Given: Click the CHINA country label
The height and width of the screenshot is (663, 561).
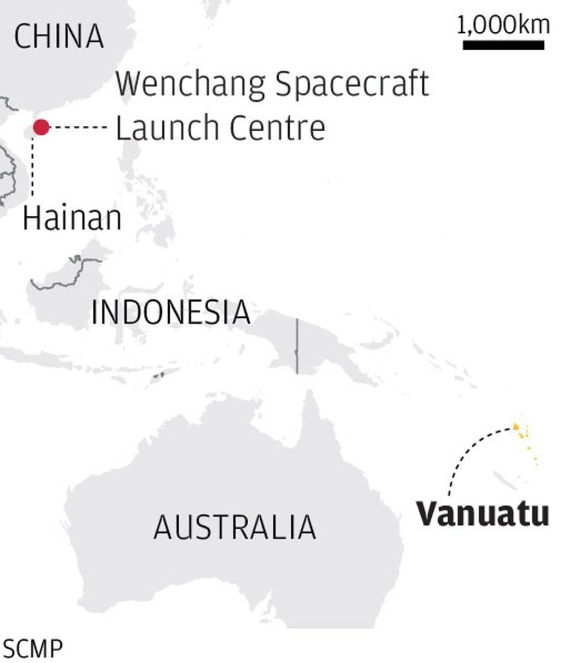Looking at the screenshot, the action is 59,36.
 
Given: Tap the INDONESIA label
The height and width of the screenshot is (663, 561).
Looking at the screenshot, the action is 170,313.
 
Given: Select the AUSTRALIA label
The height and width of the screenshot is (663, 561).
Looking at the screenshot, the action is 234,527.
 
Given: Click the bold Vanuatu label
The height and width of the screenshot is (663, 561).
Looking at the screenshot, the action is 482,514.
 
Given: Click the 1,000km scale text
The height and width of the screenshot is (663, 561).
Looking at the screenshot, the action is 503,26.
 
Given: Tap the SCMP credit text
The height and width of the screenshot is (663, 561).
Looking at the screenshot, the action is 32,649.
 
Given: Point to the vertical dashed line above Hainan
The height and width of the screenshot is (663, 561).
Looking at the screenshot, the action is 33,167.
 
